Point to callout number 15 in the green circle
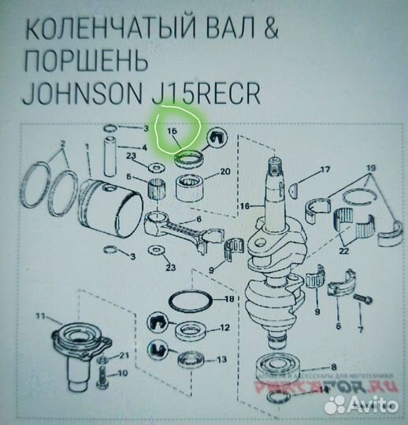click(173, 132)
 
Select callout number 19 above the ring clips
click(371, 168)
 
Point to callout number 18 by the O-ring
click(229, 300)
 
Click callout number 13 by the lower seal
click(224, 359)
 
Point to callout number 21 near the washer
click(124, 357)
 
